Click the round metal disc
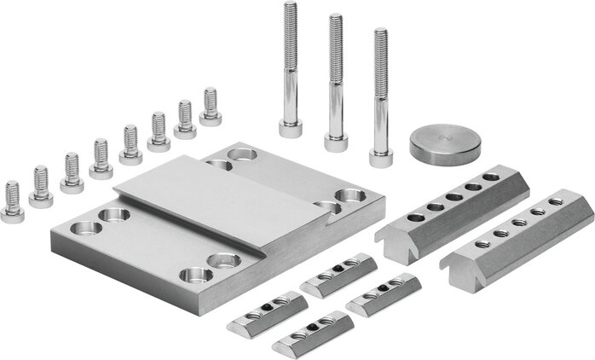[446, 142]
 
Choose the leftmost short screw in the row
[13, 203]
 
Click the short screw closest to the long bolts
[211, 107]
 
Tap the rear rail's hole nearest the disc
[491, 177]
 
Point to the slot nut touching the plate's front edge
[338, 274]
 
